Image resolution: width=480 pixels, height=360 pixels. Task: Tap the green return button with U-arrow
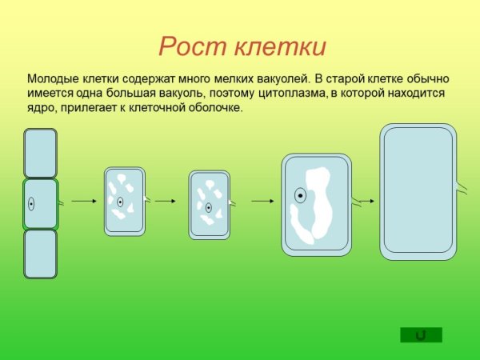pos(421,334)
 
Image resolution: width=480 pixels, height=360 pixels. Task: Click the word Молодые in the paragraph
pos(53,79)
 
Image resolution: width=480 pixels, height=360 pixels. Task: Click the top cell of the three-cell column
pos(40,153)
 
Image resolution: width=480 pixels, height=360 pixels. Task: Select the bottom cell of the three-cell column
pos(40,254)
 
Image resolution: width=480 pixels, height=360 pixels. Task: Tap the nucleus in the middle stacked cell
pos(31,203)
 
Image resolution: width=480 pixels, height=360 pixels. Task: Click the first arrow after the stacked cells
pos(83,202)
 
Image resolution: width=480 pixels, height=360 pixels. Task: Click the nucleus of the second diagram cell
pos(120,202)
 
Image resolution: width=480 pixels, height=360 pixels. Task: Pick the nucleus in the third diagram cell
pos(208,207)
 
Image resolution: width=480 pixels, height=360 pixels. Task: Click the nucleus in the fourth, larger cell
pos(299,194)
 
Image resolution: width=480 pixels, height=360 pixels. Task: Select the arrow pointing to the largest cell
pos(367,201)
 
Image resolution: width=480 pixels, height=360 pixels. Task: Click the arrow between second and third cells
pos(165,202)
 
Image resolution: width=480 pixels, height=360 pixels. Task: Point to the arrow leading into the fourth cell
pos(263,202)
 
